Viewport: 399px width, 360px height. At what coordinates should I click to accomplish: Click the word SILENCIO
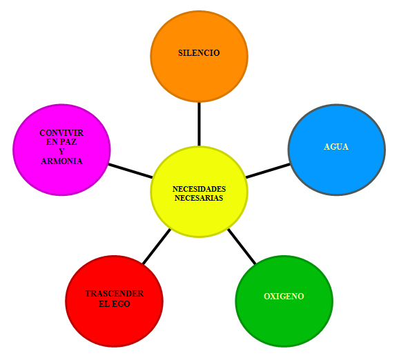pos(199,53)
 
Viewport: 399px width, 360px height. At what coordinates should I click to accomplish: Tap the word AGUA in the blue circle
pos(336,147)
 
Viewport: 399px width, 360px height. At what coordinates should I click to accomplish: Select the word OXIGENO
pos(284,296)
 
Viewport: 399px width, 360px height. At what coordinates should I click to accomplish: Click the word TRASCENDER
pos(115,294)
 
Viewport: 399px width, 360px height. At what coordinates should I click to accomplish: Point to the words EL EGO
pos(115,304)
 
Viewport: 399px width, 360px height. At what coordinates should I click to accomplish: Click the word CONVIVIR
pos(61,132)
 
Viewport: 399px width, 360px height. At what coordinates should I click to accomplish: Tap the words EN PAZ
pos(61,142)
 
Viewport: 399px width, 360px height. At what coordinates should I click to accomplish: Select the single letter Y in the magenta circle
pos(61,151)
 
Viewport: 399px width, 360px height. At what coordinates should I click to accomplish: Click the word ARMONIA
pos(61,161)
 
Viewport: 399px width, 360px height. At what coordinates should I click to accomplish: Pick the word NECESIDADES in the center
pos(199,189)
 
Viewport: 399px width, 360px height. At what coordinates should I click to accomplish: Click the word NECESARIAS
pos(199,198)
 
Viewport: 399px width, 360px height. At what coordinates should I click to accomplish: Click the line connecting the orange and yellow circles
pos(199,124)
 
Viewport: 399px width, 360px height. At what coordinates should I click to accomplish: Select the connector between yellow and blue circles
pos(268,170)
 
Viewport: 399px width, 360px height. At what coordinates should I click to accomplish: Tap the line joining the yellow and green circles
pos(242,247)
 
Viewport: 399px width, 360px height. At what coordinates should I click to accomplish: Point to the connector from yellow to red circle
pos(157,247)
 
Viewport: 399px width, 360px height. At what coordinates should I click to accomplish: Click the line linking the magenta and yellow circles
pos(130,170)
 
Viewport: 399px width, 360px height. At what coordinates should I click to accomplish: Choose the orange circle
pos(199,57)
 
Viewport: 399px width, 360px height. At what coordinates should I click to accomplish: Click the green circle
pos(284,301)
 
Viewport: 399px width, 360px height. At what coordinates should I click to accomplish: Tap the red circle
pos(115,301)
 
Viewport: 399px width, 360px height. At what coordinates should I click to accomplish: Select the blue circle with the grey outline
pos(337,150)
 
